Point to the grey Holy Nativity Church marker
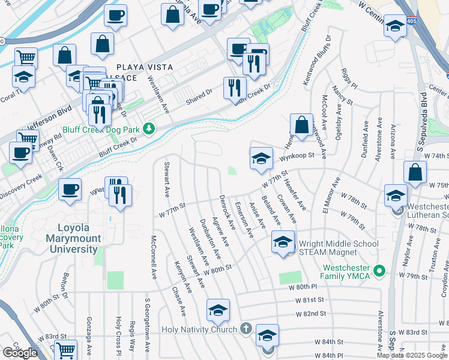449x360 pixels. pos(246,329)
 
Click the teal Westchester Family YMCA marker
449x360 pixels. pos(378,272)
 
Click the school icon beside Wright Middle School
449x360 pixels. pos(283,242)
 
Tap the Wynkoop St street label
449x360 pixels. pos(297,157)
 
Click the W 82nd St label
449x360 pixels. pos(310,313)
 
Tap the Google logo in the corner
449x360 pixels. pos(20,353)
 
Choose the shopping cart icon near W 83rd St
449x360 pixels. pos(66,349)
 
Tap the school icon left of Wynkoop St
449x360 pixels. pos(261,159)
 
